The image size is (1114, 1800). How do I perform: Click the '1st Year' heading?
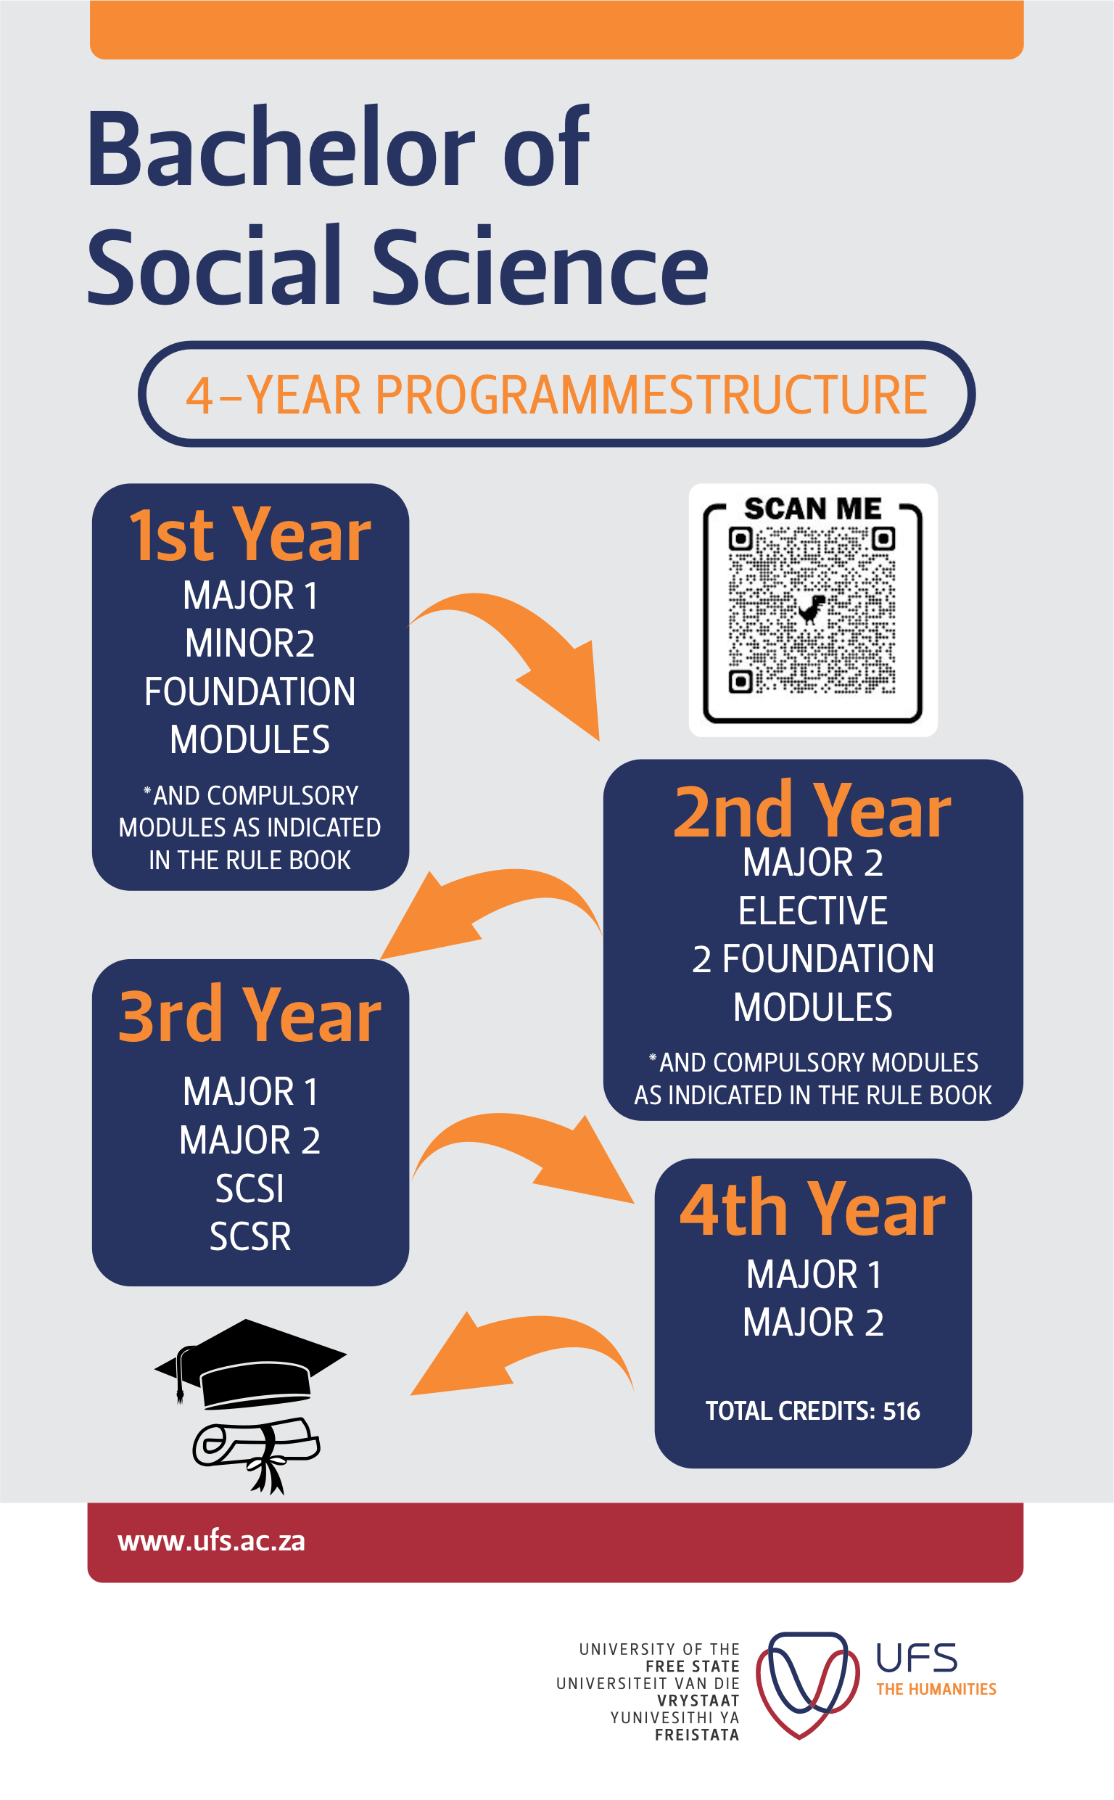tap(249, 535)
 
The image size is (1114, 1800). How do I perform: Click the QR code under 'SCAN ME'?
tap(812, 610)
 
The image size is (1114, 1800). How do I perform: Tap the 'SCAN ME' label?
tap(813, 509)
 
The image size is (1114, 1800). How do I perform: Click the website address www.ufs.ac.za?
tap(212, 1540)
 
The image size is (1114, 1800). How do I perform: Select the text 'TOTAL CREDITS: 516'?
tap(813, 1411)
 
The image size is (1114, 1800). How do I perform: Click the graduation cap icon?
tap(250, 1363)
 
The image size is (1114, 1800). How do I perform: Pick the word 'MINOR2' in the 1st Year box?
tap(249, 644)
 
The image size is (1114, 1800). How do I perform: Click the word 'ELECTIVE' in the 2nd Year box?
tap(813, 911)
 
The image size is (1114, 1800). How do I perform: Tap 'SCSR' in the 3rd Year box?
tap(249, 1236)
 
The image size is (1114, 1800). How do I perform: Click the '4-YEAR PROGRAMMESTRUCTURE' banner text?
tap(556, 395)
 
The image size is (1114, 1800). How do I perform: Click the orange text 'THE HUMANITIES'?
tap(936, 1690)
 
